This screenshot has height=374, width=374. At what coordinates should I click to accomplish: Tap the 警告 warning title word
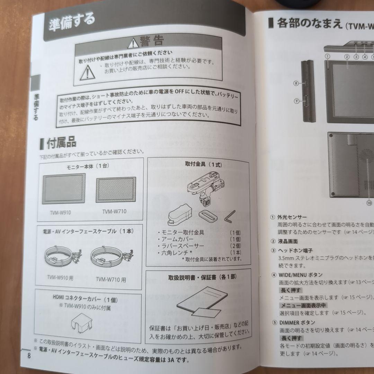coord(152,42)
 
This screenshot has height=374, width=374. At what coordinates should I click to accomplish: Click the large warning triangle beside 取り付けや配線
coord(88,72)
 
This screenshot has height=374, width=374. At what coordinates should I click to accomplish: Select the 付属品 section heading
coord(61,143)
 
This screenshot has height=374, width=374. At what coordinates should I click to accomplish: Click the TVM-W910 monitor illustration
coord(64,189)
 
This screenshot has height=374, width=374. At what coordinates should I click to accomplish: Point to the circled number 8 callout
coord(296,83)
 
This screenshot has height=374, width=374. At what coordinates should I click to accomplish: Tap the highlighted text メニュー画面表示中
coord(303,305)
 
